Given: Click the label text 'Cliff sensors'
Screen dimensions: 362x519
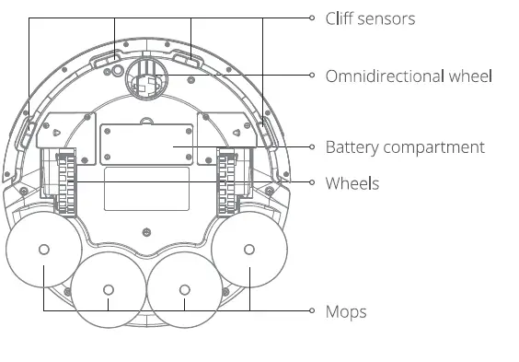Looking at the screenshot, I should pyautogui.click(x=370, y=18).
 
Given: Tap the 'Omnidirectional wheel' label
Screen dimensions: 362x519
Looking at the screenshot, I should pyautogui.click(x=409, y=76).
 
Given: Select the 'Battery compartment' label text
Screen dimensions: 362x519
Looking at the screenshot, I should pyautogui.click(x=405, y=147).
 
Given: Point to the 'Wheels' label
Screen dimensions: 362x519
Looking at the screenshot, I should pyautogui.click(x=352, y=183).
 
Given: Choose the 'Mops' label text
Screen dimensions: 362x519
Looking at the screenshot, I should pyautogui.click(x=346, y=311).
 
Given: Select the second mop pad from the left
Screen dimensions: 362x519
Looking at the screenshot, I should pyautogui.click(x=108, y=291).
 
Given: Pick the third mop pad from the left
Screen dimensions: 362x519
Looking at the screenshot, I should pyautogui.click(x=184, y=291).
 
